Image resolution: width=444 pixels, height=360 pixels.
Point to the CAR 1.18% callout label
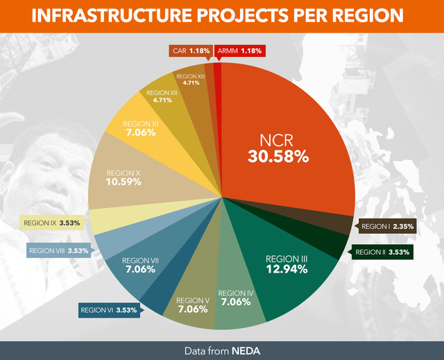(189, 51)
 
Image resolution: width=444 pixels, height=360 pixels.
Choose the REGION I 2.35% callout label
(387, 225)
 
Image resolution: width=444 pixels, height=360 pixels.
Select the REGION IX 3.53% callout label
(51, 223)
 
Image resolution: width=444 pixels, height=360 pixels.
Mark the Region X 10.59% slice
(124, 177)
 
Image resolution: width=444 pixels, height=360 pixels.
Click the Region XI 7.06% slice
(142, 128)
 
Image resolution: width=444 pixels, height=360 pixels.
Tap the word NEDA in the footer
(246, 350)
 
